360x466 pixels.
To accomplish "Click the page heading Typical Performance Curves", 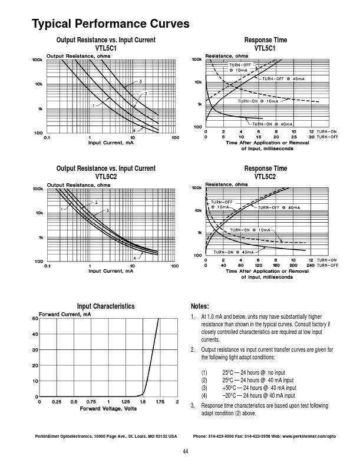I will pos(110,24).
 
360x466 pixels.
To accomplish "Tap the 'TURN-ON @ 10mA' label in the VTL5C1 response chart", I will pos(257,101).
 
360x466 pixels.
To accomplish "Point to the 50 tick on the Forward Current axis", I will pos(35,318).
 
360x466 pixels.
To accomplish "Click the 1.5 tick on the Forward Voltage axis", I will pos(143,401).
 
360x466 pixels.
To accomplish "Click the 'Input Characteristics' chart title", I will pos(106,306).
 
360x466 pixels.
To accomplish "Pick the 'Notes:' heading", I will pos(200,306).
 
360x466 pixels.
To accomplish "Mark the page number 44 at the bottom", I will pos(185,451).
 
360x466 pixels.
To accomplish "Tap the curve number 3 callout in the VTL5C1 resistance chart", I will pos(141,80).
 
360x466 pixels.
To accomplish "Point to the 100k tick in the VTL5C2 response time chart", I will pos(197,188).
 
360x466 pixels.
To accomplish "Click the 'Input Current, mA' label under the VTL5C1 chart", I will pos(111,143).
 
